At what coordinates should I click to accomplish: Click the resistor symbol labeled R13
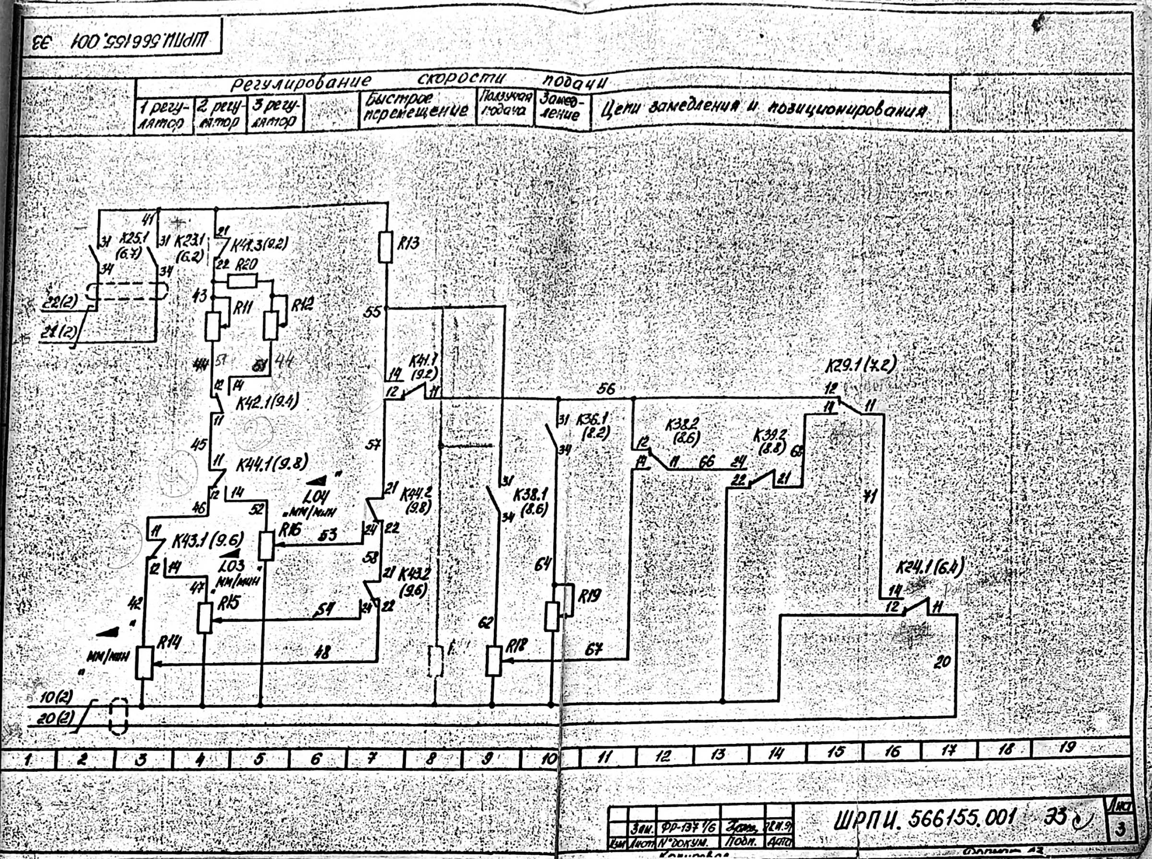tap(385, 247)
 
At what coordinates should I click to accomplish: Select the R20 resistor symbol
tap(242, 282)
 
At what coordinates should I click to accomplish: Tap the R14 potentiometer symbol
tap(144, 663)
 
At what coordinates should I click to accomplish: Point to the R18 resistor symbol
tap(494, 660)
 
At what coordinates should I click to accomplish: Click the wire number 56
tap(605, 389)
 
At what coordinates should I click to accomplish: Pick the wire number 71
tap(867, 496)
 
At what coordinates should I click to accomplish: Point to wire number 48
tap(322, 653)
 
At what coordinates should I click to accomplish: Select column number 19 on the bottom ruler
tap(1067, 748)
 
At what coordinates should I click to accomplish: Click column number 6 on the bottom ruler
tap(315, 759)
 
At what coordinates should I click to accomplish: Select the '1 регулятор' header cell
tap(163, 117)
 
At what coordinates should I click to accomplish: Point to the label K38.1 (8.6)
tap(530, 502)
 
